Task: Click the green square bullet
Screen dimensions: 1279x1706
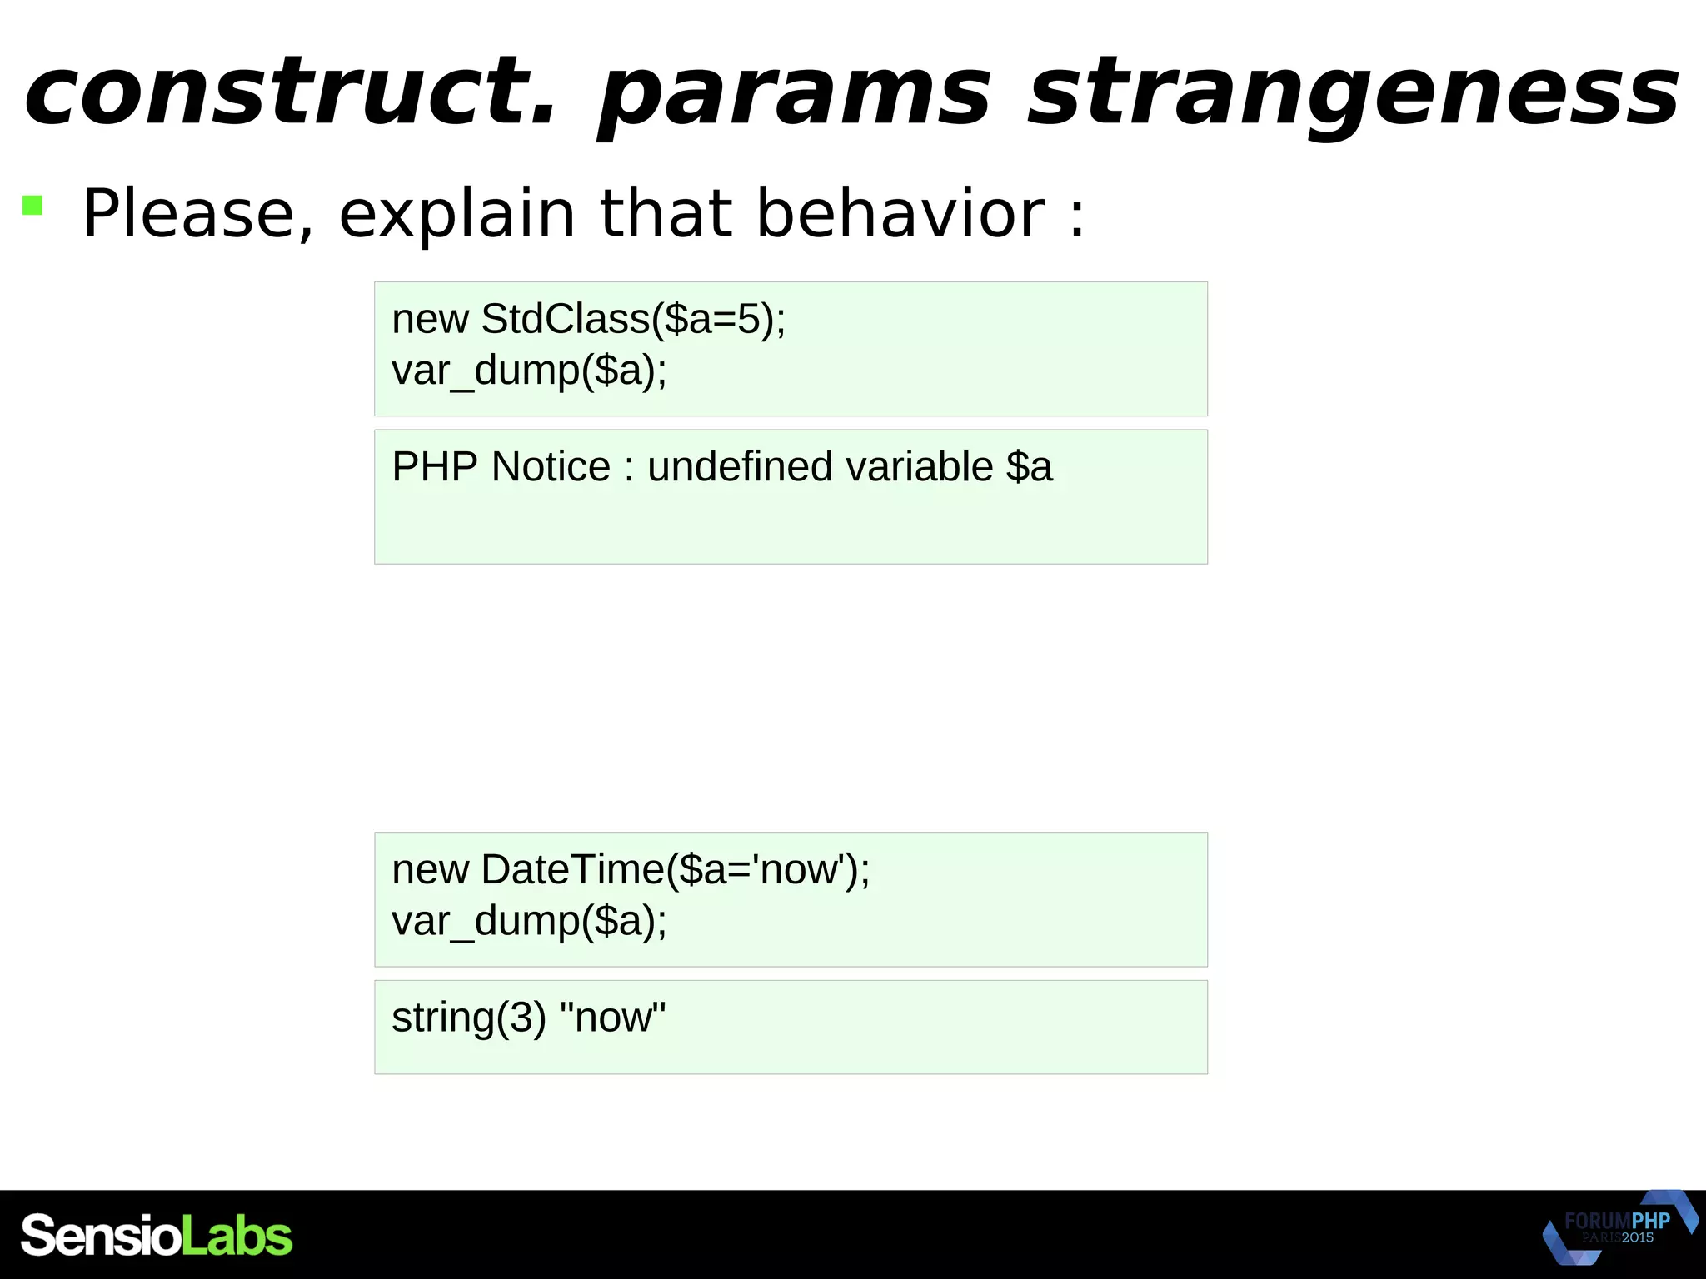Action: click(32, 205)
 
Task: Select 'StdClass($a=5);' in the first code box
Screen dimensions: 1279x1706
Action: click(633, 319)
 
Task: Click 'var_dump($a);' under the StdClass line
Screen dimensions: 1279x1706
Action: click(529, 371)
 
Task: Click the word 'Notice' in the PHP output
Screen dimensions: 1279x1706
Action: click(551, 467)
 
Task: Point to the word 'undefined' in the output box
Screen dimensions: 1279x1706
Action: click(737, 467)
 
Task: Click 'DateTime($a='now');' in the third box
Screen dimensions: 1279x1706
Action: click(675, 870)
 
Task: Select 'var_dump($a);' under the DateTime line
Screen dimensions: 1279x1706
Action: click(529, 922)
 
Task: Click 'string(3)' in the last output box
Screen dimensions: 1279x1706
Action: click(469, 1018)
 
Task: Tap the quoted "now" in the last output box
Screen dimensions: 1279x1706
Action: click(613, 1018)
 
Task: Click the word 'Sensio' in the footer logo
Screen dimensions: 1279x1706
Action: click(101, 1236)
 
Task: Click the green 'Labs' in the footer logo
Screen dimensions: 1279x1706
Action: click(237, 1236)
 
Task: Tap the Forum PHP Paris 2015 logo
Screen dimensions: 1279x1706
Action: click(1619, 1229)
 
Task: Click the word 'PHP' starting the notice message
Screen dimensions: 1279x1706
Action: click(434, 467)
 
